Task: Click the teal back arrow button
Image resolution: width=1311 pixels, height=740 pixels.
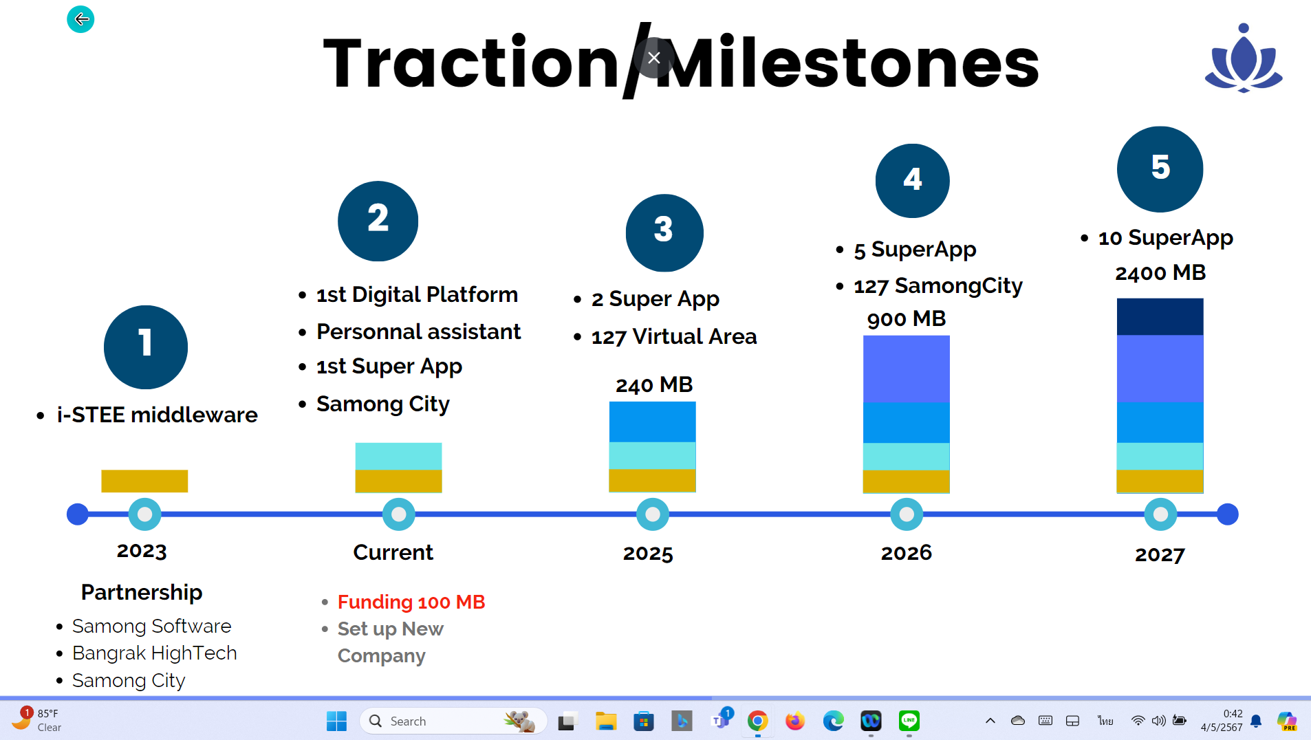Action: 80,19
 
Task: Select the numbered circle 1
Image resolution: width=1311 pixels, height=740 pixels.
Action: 146,347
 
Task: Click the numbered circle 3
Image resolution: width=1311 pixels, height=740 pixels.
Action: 664,232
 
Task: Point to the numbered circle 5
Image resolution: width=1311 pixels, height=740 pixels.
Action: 1160,169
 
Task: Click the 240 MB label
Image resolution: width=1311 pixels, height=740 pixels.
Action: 654,385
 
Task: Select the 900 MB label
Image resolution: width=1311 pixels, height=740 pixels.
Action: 907,319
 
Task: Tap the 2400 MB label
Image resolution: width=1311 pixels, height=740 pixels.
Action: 1160,273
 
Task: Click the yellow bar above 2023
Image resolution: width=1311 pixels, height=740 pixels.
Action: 144,481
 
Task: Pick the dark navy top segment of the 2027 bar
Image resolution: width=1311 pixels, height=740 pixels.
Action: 1160,316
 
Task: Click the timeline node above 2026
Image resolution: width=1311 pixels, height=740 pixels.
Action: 907,514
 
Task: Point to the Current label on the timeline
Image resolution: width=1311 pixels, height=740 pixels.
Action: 393,552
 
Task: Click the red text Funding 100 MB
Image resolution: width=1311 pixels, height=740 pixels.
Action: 411,602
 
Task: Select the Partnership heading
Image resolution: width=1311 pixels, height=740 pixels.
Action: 142,592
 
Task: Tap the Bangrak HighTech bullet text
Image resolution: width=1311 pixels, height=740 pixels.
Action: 155,653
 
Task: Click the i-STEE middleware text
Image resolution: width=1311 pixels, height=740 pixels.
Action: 158,415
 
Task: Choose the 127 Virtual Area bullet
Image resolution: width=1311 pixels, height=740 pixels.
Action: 674,337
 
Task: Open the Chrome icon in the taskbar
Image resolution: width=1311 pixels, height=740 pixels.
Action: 757,721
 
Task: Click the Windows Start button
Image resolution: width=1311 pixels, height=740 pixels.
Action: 336,721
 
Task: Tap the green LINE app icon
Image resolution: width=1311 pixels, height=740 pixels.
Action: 909,721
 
